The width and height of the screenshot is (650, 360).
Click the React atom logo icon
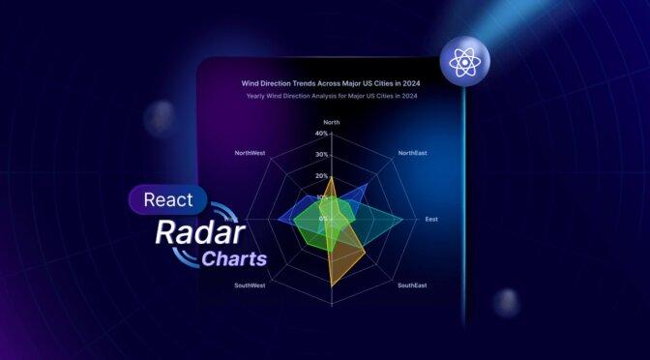(x=464, y=65)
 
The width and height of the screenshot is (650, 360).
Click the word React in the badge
(x=166, y=200)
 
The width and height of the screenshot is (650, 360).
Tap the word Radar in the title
(x=187, y=235)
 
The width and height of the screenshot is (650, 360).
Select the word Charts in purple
(x=233, y=259)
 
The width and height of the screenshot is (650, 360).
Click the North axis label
(x=332, y=123)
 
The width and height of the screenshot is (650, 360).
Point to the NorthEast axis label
(x=412, y=153)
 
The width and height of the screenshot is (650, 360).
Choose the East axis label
(x=430, y=220)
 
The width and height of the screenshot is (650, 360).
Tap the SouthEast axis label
(x=411, y=286)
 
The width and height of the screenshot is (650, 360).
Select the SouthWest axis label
(x=250, y=286)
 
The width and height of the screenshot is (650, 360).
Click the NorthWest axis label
(x=250, y=153)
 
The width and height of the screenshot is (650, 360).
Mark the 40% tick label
(x=321, y=134)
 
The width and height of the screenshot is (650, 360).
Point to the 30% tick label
(x=321, y=155)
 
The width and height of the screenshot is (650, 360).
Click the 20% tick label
(x=321, y=176)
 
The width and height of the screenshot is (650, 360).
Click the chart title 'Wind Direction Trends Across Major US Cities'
(x=332, y=83)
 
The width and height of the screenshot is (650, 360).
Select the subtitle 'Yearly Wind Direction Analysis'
(x=332, y=96)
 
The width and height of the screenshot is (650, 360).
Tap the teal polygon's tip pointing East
(x=402, y=221)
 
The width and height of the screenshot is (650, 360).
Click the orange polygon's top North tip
(x=332, y=179)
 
